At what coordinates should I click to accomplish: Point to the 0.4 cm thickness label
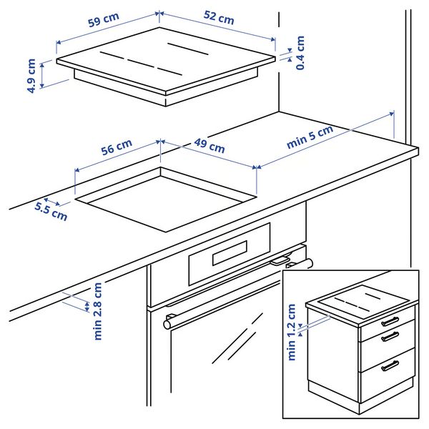pos(300,52)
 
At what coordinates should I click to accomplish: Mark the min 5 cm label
pos(310,137)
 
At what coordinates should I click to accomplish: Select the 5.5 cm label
pos(51,209)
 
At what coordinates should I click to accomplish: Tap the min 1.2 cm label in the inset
pos(292,332)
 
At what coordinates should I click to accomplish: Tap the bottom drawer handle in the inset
pos(390,365)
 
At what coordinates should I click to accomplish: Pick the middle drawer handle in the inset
pos(390,337)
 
